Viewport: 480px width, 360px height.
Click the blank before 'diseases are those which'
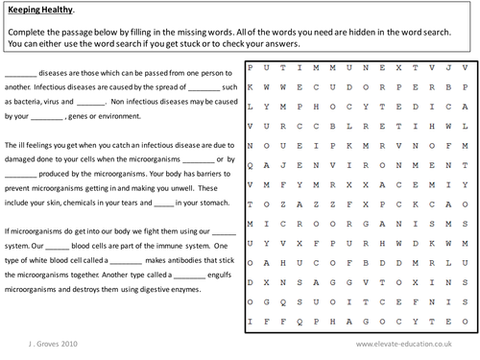pos(20,74)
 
